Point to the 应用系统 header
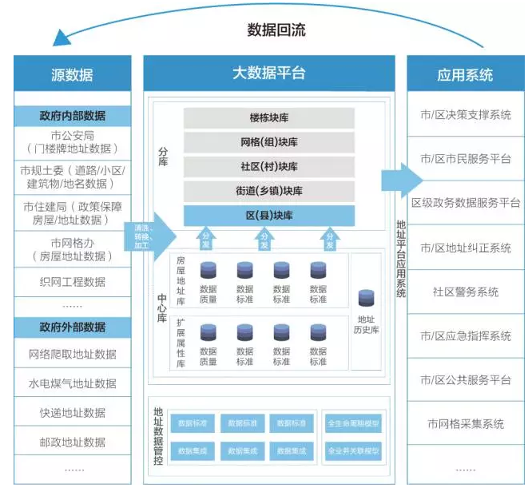coord(465,75)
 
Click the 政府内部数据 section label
coord(72,115)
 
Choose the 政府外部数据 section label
coord(72,327)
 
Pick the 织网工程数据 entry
coord(72,282)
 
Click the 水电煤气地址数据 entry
coord(72,383)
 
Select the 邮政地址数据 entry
coord(72,442)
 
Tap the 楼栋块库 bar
coord(268,117)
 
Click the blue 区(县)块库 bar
coord(268,216)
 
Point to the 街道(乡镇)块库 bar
coord(268,191)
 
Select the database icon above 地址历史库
coord(367,298)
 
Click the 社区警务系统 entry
coord(465,292)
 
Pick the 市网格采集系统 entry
coord(465,424)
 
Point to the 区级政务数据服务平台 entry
coord(465,203)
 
